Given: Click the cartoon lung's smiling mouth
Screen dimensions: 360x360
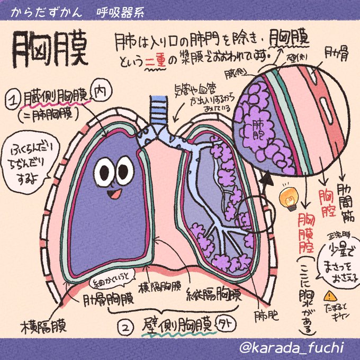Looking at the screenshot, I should [x=113, y=194].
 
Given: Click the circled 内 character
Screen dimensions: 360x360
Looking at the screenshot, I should [x=100, y=92].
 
